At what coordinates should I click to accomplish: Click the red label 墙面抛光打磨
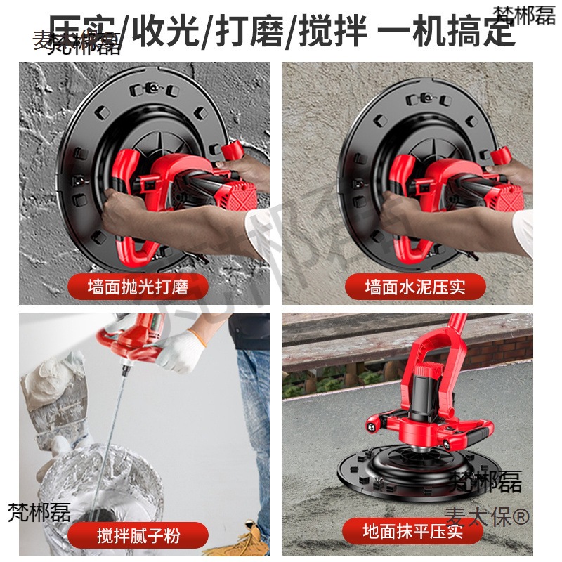(138, 287)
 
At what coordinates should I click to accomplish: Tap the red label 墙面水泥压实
(415, 287)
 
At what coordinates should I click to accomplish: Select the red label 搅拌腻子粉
(138, 536)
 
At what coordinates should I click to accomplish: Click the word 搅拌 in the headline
(332, 32)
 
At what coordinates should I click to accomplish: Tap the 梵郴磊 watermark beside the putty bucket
(39, 512)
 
